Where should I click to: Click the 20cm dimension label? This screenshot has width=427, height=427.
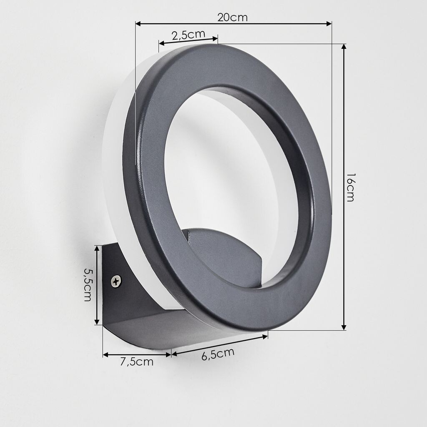(x=232, y=18)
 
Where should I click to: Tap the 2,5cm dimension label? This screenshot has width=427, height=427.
(x=188, y=35)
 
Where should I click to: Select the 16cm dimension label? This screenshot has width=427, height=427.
(x=350, y=187)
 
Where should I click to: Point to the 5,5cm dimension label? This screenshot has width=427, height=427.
(x=88, y=285)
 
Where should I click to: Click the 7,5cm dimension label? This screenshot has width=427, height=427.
(x=137, y=362)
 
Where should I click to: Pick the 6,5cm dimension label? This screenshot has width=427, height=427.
(x=218, y=354)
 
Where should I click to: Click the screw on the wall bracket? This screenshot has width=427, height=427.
(x=117, y=281)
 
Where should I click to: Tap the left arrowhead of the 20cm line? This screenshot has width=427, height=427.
(x=138, y=24)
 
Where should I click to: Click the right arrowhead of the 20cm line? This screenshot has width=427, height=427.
(x=329, y=24)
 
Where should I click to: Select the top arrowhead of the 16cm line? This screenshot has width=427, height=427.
(x=344, y=47)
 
